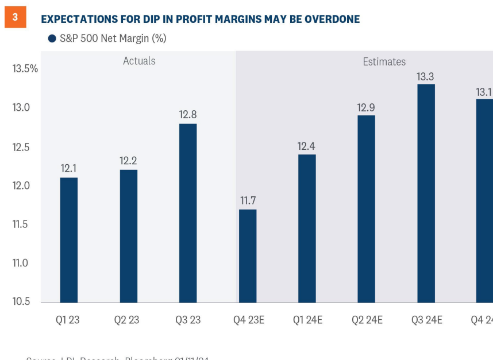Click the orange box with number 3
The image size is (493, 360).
point(16,17)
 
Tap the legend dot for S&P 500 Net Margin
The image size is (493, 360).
point(52,38)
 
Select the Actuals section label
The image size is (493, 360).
point(139,61)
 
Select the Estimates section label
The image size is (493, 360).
point(384,61)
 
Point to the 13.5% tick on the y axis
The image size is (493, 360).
point(25,69)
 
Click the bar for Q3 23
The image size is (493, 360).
point(188,213)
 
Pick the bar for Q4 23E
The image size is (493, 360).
point(248,256)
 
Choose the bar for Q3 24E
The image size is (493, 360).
point(426,193)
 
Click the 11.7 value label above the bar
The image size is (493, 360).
point(248,200)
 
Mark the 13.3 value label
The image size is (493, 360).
point(426,75)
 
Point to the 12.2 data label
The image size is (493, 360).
point(129,161)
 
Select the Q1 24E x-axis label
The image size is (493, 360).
point(307,320)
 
